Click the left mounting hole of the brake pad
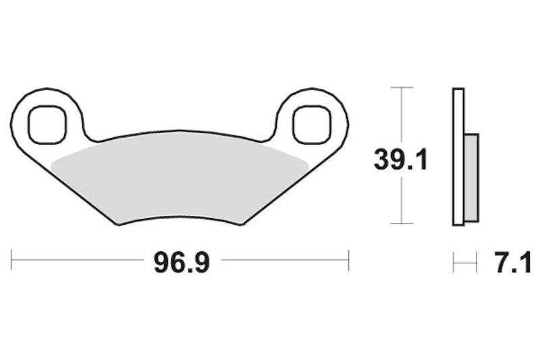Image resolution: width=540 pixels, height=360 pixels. (48, 124)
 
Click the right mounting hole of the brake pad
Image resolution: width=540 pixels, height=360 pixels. (312, 124)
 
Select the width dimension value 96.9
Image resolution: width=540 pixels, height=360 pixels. (182, 263)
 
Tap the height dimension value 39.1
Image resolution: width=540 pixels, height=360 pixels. (401, 160)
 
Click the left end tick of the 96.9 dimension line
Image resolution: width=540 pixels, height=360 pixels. (11, 259)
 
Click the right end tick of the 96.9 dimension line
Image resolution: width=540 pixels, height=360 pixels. (348, 259)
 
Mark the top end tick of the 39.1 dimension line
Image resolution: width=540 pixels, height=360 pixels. (402, 88)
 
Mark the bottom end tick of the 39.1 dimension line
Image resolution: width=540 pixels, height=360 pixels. (402, 224)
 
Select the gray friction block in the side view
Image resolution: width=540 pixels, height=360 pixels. (471, 177)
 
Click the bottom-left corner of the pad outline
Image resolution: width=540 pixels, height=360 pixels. (119, 224)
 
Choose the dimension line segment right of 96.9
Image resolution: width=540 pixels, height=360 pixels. (283, 259)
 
